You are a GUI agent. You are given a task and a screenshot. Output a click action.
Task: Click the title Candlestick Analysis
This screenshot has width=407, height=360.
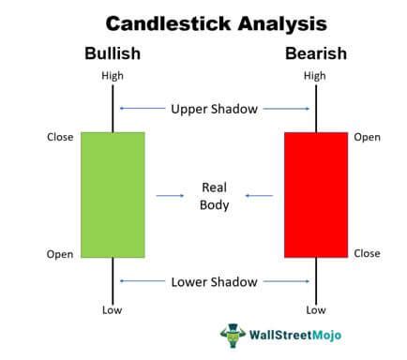(203, 22)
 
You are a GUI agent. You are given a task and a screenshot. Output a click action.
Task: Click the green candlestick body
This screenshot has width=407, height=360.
(113, 194)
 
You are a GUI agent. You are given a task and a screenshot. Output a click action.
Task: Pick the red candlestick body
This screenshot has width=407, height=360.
(315, 194)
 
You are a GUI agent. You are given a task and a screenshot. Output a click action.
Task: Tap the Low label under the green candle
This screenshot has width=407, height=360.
(113, 309)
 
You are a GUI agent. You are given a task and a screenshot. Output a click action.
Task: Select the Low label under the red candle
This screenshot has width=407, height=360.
(316, 309)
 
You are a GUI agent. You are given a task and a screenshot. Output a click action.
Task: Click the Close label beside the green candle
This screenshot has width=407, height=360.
(60, 137)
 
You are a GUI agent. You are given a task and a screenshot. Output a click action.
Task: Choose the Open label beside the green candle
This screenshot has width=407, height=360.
(60, 254)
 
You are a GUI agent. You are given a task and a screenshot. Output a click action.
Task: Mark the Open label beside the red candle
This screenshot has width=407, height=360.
(368, 137)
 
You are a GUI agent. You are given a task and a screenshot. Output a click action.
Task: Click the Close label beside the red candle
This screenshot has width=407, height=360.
(368, 253)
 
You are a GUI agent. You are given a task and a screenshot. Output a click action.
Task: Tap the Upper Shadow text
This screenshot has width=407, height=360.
(214, 109)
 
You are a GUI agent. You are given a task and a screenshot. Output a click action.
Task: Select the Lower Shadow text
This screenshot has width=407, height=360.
(214, 280)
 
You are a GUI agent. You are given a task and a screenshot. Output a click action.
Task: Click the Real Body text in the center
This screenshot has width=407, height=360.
(214, 195)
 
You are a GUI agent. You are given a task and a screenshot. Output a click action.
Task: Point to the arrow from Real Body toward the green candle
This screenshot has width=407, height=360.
(170, 195)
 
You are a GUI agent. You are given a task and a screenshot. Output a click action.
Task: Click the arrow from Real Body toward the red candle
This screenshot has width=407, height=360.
(259, 195)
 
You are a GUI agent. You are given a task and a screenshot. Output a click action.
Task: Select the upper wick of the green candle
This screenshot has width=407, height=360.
(113, 108)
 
